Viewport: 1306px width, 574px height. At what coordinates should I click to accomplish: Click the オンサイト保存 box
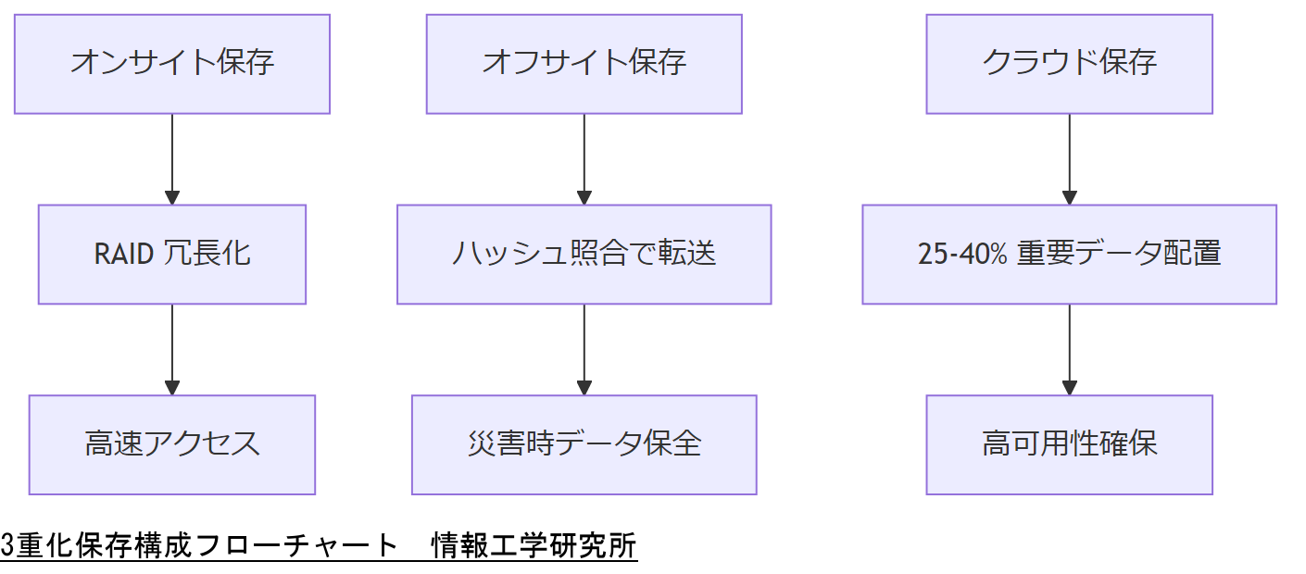tap(172, 64)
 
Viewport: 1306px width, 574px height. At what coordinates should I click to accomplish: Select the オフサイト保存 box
tap(584, 64)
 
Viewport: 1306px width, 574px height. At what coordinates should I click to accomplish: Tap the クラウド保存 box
tap(1069, 64)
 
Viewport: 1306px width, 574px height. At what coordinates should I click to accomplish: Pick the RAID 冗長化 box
tap(172, 255)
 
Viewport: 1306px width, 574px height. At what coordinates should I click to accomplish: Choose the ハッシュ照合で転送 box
tap(584, 255)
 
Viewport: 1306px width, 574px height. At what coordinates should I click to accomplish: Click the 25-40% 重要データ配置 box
tap(1069, 255)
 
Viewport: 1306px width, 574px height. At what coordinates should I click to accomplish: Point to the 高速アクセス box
tap(172, 444)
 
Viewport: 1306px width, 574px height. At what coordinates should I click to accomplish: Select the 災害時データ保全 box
tap(584, 444)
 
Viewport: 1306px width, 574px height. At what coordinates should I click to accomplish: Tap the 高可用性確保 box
tap(1069, 444)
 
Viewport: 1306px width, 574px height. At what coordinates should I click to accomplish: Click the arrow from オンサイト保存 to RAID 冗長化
tap(172, 157)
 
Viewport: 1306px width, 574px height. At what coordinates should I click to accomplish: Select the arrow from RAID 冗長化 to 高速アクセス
tap(172, 348)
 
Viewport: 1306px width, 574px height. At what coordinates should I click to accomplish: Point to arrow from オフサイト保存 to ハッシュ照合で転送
tap(584, 157)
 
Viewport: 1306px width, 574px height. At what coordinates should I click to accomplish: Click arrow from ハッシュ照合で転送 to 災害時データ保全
tap(584, 348)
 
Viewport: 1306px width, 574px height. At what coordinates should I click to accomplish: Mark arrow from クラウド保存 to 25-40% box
tap(1069, 157)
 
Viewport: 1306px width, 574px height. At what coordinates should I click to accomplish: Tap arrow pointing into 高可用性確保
tap(1069, 348)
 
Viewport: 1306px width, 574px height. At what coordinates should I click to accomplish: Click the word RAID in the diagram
tap(123, 255)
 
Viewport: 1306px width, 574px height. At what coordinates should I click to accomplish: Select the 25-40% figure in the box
tap(961, 255)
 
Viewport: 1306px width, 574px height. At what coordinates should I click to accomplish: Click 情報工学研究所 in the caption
tap(534, 546)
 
